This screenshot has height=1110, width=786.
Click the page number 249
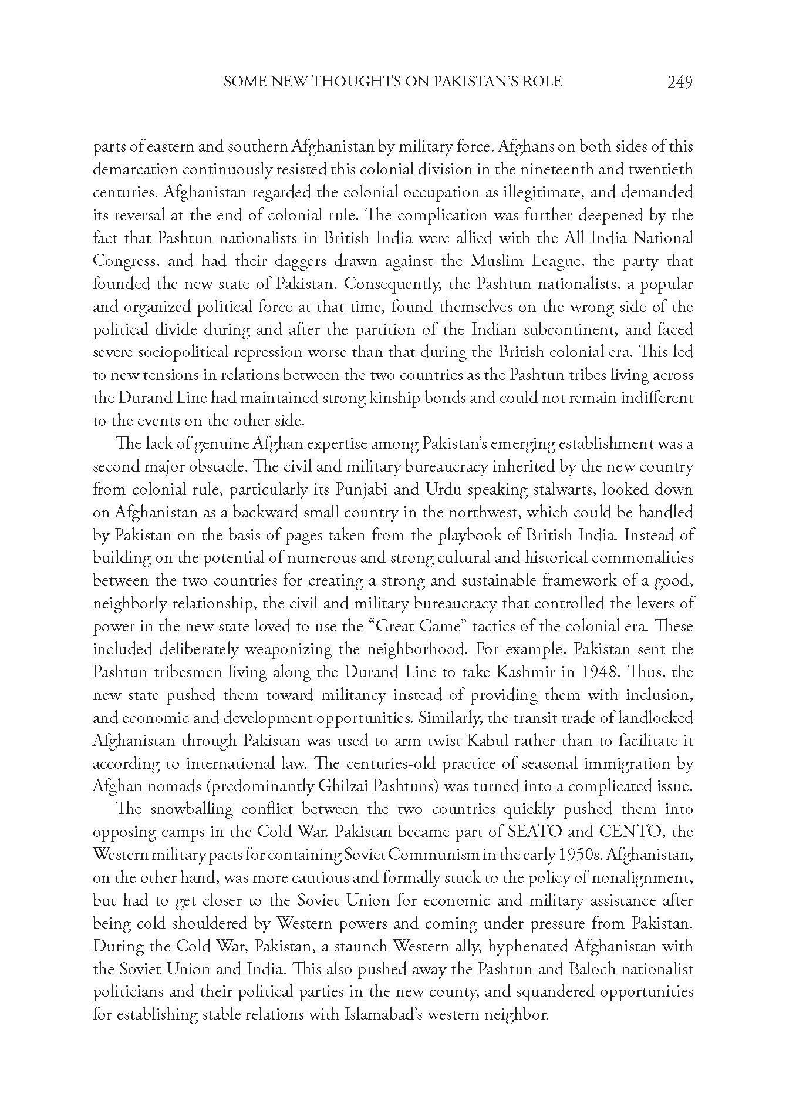[x=680, y=82]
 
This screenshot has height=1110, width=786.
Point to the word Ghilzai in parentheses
[x=343, y=786]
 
